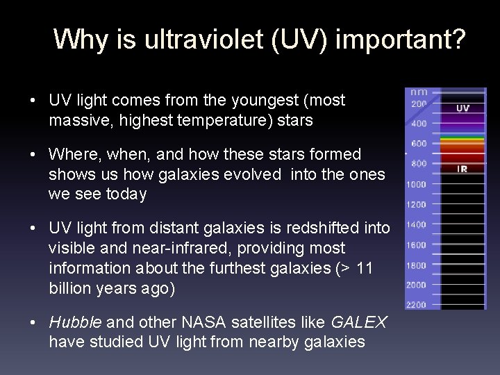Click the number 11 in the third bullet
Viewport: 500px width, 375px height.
click(364, 269)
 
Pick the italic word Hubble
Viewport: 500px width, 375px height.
click(75, 322)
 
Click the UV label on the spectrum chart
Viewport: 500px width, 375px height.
click(462, 108)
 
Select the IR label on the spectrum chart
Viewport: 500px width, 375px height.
click(462, 169)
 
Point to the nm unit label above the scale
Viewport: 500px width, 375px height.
click(419, 91)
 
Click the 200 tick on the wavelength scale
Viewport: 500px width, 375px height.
click(419, 103)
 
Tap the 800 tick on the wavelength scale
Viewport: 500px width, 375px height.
click(419, 164)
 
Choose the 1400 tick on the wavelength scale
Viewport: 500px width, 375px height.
click(416, 224)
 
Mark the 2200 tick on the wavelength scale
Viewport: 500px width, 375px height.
click(416, 305)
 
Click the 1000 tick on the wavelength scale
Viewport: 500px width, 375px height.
click(416, 184)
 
